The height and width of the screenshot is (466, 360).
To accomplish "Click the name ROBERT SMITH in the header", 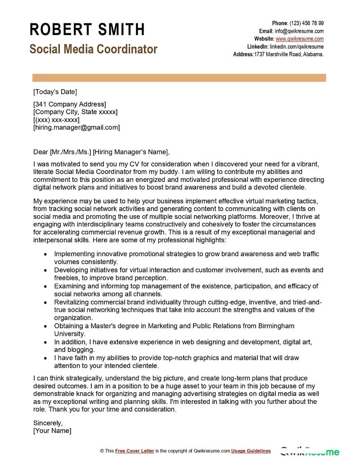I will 87,30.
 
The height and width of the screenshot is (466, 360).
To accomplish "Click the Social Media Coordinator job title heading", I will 94,49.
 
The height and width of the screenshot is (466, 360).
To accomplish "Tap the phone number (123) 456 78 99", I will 306,23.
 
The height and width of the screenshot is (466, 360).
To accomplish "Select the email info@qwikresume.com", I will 299,31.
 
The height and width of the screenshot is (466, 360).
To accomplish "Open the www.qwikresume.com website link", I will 300,39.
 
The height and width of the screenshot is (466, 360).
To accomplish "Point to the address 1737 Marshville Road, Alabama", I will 289,54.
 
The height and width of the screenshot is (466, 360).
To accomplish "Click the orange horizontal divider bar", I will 179,78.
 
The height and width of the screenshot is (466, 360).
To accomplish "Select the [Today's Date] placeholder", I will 55,92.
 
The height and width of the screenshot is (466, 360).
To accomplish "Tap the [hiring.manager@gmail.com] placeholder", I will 76,127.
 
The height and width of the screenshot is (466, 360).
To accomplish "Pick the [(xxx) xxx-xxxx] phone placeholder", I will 56,120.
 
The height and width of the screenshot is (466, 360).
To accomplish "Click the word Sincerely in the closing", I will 48,423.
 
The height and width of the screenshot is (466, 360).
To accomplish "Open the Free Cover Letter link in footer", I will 135,451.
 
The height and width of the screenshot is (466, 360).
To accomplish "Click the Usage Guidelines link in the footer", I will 251,451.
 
